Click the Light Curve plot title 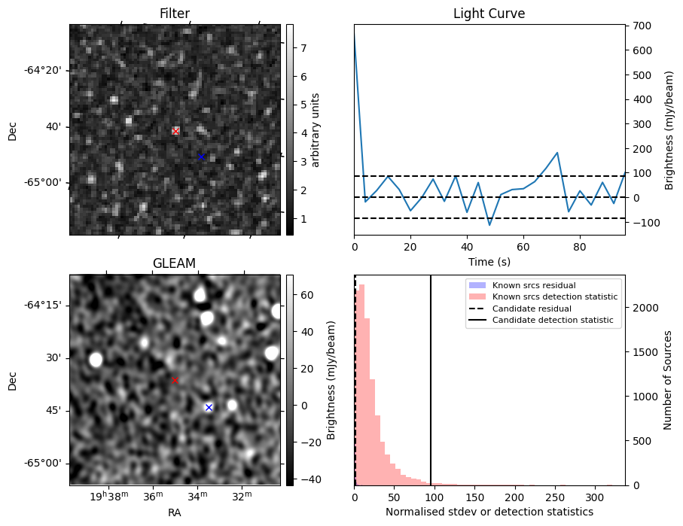tap(489, 14)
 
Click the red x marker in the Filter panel tap(175, 132)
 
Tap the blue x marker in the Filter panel tap(201, 157)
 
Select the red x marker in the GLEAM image tap(175, 380)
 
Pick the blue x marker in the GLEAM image tap(209, 407)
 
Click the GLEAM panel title tap(174, 263)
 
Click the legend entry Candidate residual tap(531, 309)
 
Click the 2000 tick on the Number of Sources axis tap(642, 308)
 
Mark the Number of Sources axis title tap(668, 380)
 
